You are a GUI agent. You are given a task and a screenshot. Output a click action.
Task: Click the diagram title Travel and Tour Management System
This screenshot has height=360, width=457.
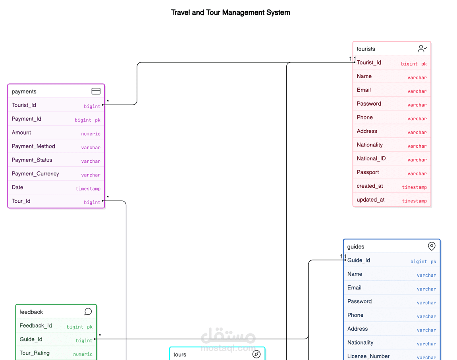point(230,12)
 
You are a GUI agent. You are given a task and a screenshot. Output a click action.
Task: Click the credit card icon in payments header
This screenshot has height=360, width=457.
point(96,91)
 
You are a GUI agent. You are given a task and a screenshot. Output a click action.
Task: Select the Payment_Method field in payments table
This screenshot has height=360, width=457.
point(33,146)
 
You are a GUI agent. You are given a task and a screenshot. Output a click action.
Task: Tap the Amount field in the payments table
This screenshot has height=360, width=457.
point(21,133)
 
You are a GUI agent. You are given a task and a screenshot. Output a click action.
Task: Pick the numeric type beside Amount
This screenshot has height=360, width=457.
point(91,134)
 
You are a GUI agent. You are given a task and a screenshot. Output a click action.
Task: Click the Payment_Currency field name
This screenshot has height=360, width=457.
point(35,174)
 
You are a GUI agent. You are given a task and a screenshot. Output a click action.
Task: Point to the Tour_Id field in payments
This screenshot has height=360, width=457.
point(21,201)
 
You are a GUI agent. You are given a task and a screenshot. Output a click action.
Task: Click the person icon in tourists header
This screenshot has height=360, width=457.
point(422,49)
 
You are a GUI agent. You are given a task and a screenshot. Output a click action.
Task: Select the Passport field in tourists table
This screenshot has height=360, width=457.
point(368,172)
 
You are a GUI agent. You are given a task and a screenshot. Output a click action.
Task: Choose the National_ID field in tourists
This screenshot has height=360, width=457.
point(371,159)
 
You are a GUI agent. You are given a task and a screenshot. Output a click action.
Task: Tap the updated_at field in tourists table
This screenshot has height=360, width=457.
point(370,200)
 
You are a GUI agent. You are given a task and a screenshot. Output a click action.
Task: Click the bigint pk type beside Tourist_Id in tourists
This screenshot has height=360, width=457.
point(414,64)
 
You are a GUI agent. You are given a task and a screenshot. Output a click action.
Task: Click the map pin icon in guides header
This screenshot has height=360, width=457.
point(432,246)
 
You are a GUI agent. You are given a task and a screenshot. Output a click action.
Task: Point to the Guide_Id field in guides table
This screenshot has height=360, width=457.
point(359,260)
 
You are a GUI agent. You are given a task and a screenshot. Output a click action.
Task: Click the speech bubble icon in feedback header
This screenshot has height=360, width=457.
point(88,312)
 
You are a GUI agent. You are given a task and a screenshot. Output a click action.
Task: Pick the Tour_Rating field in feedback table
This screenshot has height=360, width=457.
point(35,353)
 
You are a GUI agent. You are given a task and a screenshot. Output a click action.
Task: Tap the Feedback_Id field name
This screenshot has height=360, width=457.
point(36,326)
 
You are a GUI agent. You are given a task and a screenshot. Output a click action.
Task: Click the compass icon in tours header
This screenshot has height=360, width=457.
point(256,354)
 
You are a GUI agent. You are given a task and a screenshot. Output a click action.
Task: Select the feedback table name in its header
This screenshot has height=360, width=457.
point(31,312)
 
